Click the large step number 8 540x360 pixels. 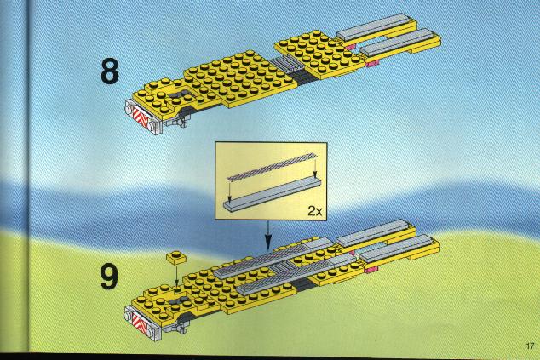coord(110,71)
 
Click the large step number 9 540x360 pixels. coord(109,277)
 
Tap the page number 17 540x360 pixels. coord(530,346)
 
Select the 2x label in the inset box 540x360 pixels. coord(315,210)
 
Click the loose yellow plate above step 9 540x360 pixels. coord(176,257)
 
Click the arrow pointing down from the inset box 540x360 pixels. coord(268,235)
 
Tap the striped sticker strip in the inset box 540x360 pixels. coord(272,166)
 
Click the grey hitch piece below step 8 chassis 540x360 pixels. coord(178,121)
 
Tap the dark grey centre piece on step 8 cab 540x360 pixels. coord(179,95)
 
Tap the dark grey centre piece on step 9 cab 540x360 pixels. coord(180,301)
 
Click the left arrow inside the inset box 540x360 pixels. coord(229,191)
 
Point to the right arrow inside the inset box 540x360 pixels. coord(315,166)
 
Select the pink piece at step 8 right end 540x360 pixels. coord(372,63)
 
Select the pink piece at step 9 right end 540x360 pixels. coord(371,269)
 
